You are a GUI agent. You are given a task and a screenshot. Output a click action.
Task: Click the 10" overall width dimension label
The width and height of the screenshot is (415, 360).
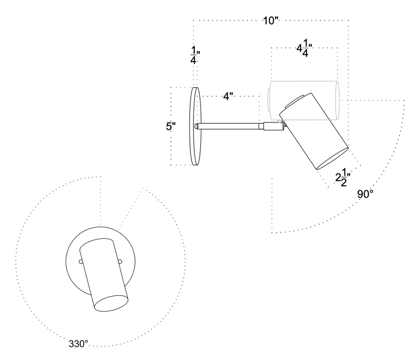[270, 21]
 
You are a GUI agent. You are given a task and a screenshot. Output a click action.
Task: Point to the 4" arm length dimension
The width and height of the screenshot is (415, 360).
[228, 96]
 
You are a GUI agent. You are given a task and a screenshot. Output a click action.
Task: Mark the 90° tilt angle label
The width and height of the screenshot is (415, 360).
[365, 195]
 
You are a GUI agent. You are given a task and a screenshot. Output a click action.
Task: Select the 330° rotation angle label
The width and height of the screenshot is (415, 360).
[79, 344]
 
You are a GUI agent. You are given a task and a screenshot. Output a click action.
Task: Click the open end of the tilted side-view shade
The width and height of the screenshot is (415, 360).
[332, 159]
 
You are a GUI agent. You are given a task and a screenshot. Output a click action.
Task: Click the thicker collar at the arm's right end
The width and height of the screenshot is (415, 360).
[273, 127]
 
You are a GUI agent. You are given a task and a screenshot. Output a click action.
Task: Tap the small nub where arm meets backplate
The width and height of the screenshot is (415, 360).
[197, 127]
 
